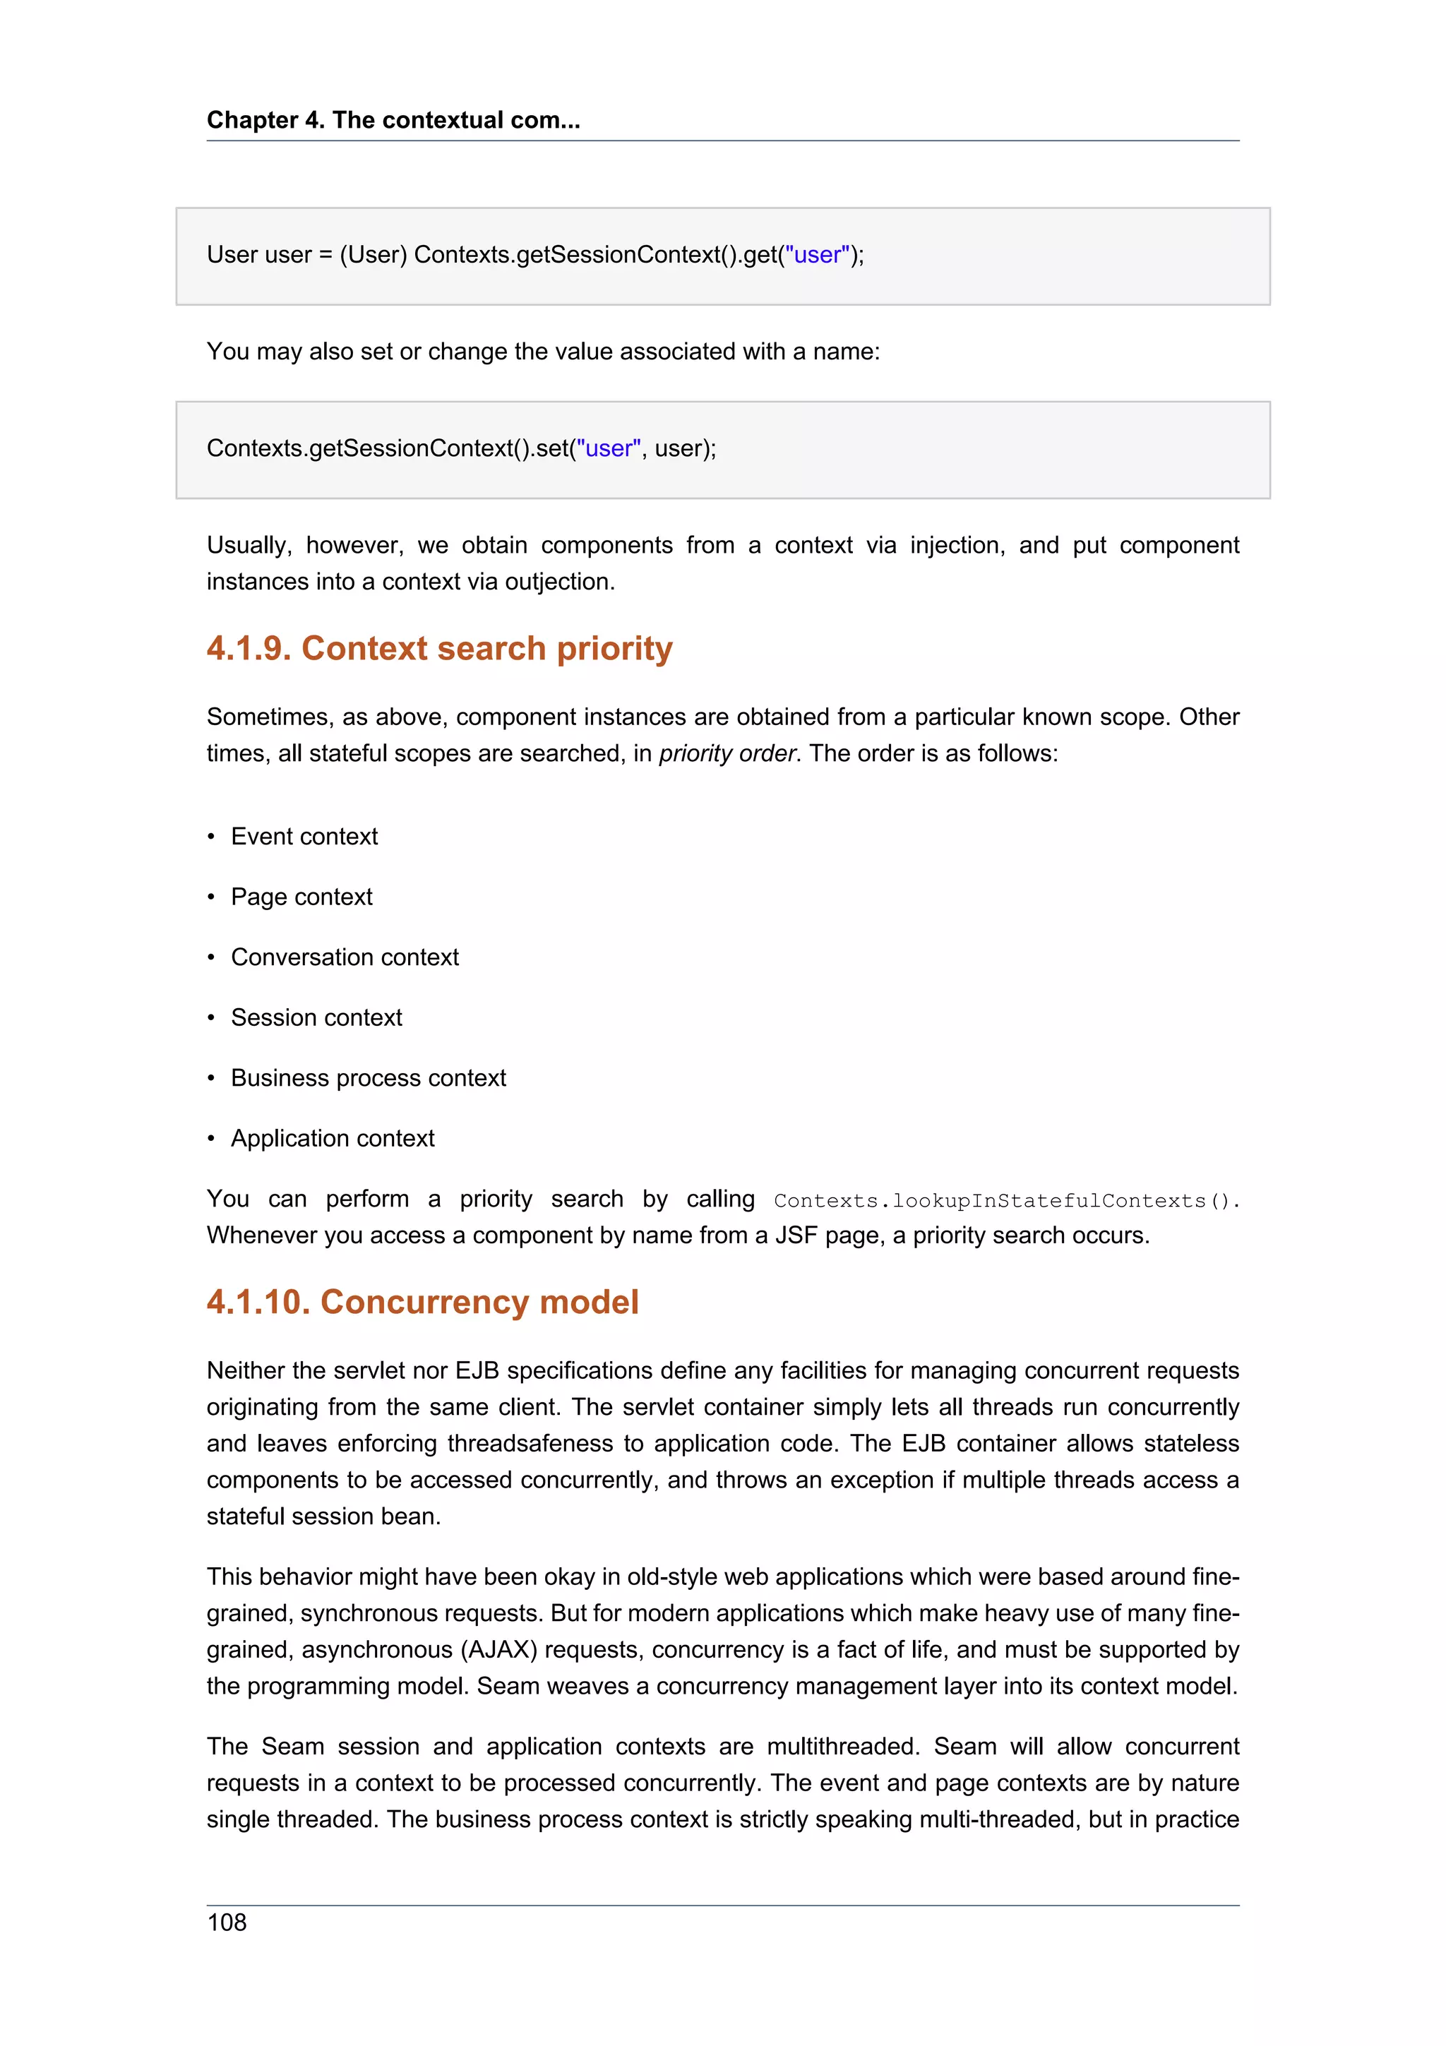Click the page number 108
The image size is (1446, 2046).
tap(227, 1922)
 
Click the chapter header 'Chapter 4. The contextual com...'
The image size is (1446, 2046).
tap(393, 120)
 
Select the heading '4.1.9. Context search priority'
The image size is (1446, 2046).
tap(439, 648)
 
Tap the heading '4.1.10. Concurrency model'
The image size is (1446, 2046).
tap(422, 1302)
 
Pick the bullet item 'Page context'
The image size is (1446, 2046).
tap(301, 897)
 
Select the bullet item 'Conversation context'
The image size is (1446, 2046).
tap(345, 957)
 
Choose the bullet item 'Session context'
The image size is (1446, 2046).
tap(316, 1017)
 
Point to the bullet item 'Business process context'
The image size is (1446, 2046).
tap(368, 1078)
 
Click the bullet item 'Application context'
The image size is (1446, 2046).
tap(333, 1138)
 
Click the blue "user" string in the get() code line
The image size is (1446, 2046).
tap(817, 255)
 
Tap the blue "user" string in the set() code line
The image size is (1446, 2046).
tap(609, 448)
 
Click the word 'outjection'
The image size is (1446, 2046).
tap(558, 582)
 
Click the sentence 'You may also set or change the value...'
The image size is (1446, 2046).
tap(542, 352)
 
